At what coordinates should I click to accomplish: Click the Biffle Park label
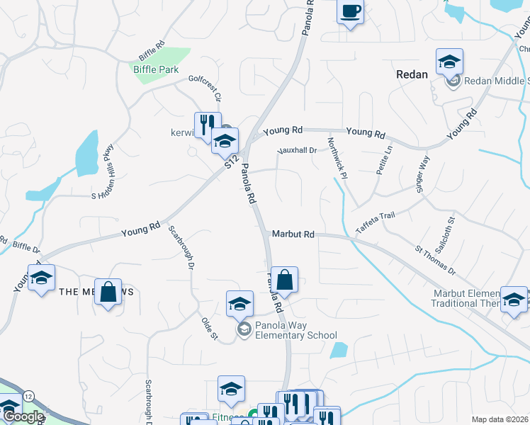coord(156,69)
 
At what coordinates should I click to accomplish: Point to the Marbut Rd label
coord(293,234)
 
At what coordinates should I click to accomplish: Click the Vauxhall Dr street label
coord(295,150)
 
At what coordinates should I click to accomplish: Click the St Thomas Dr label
coord(436,261)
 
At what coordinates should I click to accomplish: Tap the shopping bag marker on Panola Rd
coord(284,280)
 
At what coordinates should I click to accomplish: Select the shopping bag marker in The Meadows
coord(107,292)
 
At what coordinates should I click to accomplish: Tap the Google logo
coord(23,417)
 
